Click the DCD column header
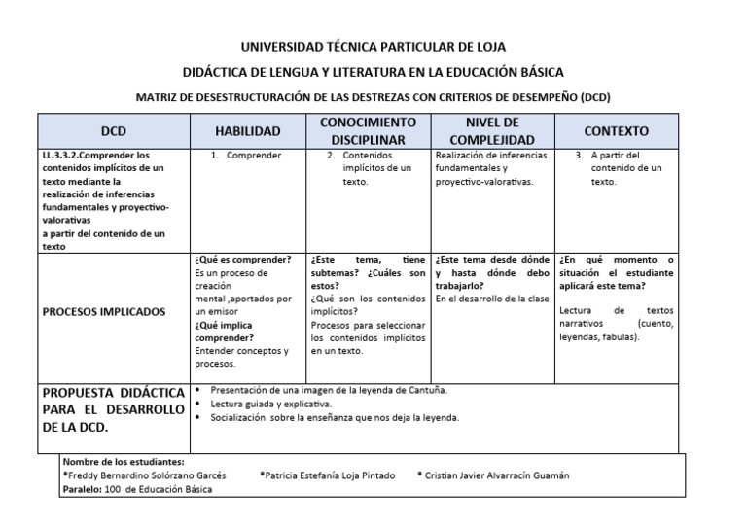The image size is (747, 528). tap(114, 131)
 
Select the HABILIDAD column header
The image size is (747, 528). tap(248, 131)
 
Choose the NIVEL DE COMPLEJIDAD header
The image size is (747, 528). tap(492, 131)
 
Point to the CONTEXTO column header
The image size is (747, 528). tap(616, 131)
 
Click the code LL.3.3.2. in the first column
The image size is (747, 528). tap(67, 155)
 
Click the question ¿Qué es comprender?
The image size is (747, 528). tap(242, 260)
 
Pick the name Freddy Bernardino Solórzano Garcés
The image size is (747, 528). tap(146, 475)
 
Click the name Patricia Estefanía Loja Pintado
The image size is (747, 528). tap(327, 475)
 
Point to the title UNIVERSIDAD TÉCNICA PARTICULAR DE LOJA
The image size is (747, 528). tap(373, 47)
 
